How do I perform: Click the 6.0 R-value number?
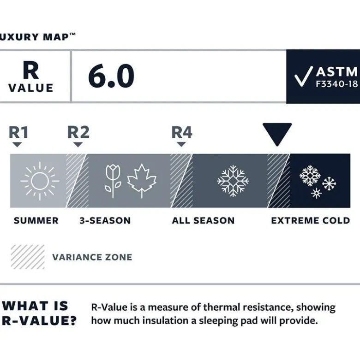click(x=111, y=76)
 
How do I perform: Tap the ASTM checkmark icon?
click(x=303, y=77)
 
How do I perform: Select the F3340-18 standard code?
click(x=337, y=84)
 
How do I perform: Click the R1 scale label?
click(x=18, y=132)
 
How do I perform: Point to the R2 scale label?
click(x=78, y=132)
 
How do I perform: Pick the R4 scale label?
click(x=182, y=132)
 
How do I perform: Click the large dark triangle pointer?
click(x=277, y=134)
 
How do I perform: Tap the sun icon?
click(x=40, y=181)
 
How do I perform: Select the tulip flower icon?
click(x=113, y=181)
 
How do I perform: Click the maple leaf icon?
click(x=142, y=181)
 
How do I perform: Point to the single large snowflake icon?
click(x=233, y=181)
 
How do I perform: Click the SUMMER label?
click(x=36, y=221)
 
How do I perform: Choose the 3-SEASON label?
click(x=105, y=221)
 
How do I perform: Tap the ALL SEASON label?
click(x=203, y=221)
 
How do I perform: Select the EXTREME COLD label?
click(x=311, y=221)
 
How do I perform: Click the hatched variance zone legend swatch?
click(x=28, y=257)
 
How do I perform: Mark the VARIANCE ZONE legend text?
click(x=92, y=257)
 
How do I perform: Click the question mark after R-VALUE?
click(x=72, y=320)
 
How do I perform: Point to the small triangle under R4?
click(x=181, y=144)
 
